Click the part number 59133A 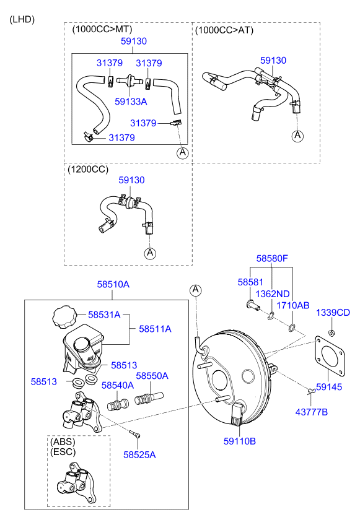point(131,102)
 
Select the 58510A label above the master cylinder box point(113,284)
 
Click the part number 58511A point(155,329)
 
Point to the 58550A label point(152,376)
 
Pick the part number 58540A point(118,385)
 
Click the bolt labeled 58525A point(135,434)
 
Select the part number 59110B point(239,441)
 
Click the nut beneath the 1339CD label point(332,334)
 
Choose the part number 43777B point(312,412)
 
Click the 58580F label point(272,258)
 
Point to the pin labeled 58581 point(253,305)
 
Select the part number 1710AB point(292,305)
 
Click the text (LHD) point(22,19)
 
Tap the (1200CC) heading point(88,169)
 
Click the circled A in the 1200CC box point(150,253)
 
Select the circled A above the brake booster point(196,290)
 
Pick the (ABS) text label point(63,441)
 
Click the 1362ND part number point(273,293)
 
